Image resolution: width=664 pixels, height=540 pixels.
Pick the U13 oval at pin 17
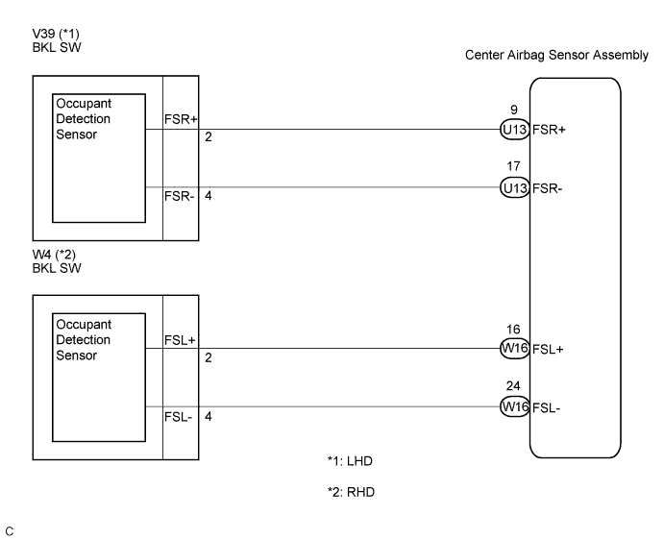click(x=514, y=188)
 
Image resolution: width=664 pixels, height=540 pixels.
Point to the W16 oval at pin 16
click(x=514, y=350)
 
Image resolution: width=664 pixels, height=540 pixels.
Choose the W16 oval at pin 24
click(x=514, y=407)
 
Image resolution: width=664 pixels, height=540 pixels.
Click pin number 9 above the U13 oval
click(x=514, y=110)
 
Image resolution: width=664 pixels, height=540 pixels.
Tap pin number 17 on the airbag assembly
click(x=514, y=167)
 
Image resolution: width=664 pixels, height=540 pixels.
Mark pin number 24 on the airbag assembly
click(x=514, y=386)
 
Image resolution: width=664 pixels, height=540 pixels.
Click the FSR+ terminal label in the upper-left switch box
click(x=182, y=121)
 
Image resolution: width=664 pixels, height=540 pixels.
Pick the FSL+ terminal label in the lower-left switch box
click(x=182, y=340)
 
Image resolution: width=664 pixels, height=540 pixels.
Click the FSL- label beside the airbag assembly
click(x=548, y=407)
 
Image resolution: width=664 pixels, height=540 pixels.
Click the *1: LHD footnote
click(x=349, y=461)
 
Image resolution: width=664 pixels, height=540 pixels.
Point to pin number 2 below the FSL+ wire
click(x=208, y=357)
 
